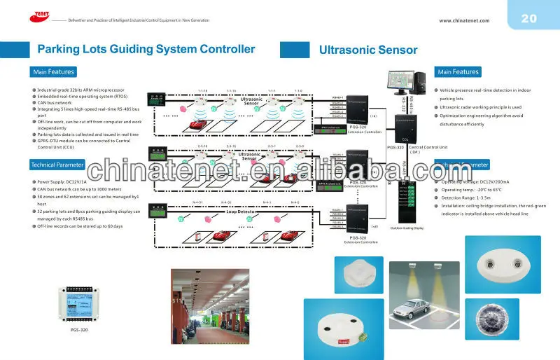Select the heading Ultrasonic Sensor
(368, 50)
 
